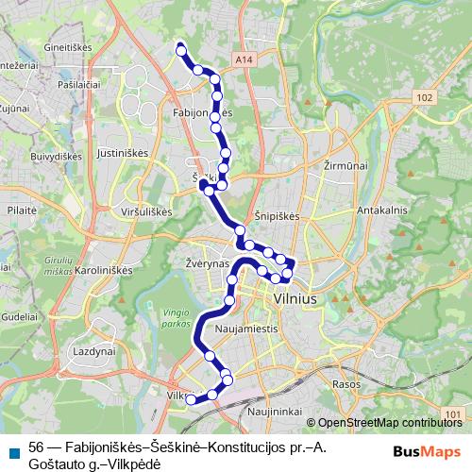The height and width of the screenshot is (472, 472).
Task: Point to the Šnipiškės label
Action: pos(277,215)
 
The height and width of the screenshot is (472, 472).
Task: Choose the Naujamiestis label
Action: pos(247,329)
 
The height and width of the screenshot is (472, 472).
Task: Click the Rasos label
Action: pos(346,385)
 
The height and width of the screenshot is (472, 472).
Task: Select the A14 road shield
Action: pos(245,59)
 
